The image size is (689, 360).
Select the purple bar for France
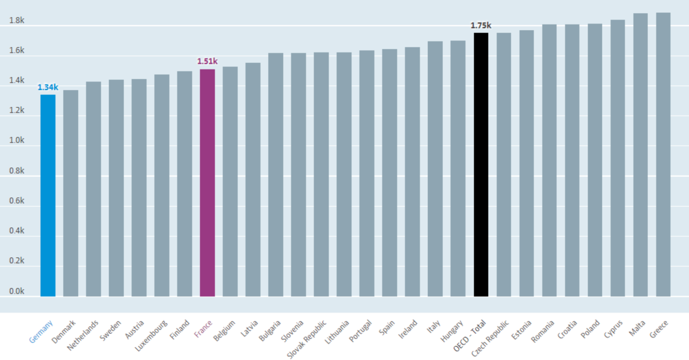[x=207, y=183]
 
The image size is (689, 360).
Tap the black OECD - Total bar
[x=481, y=165]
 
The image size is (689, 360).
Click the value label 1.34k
[x=48, y=87]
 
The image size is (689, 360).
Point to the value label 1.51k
[x=207, y=61]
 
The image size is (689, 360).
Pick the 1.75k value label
[x=481, y=25]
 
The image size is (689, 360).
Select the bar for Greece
[x=663, y=155]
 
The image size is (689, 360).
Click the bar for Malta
[x=640, y=155]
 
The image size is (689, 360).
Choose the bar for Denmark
[x=71, y=193]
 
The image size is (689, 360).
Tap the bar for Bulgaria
[x=276, y=175]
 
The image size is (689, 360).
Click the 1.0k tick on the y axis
[x=17, y=140]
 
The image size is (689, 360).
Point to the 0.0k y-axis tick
[x=17, y=291]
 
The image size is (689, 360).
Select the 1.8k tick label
[x=17, y=20]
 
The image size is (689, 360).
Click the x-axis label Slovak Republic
[x=307, y=339]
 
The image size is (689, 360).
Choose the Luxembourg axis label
[x=151, y=335]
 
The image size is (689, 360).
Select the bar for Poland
[x=595, y=160]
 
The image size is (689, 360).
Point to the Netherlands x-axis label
[x=83, y=335]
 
